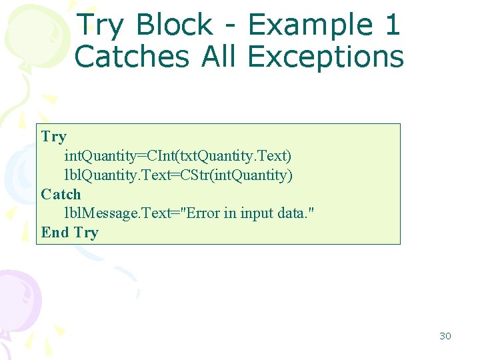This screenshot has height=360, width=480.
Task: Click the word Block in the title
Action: coord(174,25)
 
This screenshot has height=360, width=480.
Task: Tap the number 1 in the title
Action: coord(392,25)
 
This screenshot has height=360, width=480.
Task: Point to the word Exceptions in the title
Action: coord(325,57)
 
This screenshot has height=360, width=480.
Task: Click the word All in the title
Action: coord(218,57)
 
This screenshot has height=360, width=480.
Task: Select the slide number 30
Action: coord(445,336)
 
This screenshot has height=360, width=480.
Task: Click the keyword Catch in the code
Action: coord(61,195)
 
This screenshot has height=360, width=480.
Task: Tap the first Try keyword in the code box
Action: coord(53,137)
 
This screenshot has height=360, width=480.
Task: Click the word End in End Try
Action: coord(55,233)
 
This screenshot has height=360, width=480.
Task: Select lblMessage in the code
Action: coord(91,214)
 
